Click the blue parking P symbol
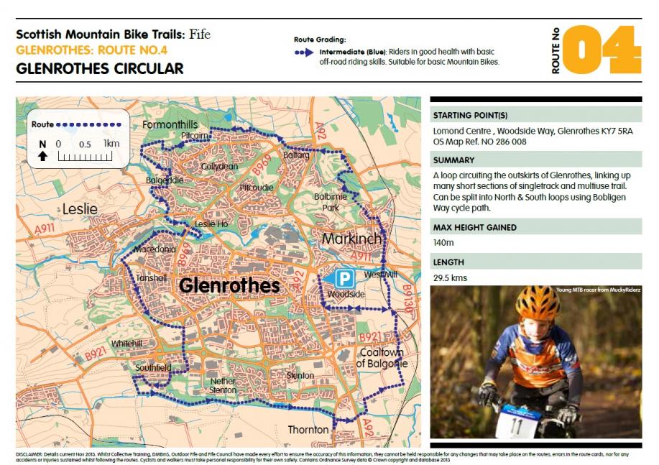[346, 278]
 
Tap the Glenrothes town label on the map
[229, 285]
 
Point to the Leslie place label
[79, 208]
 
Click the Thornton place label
[308, 430]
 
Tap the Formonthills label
[170, 125]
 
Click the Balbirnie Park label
[326, 202]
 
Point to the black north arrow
[43, 156]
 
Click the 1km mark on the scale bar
[111, 144]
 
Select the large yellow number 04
[601, 50]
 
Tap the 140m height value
[443, 244]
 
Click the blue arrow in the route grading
[303, 52]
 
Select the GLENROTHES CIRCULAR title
[99, 69]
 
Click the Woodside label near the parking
[346, 295]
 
